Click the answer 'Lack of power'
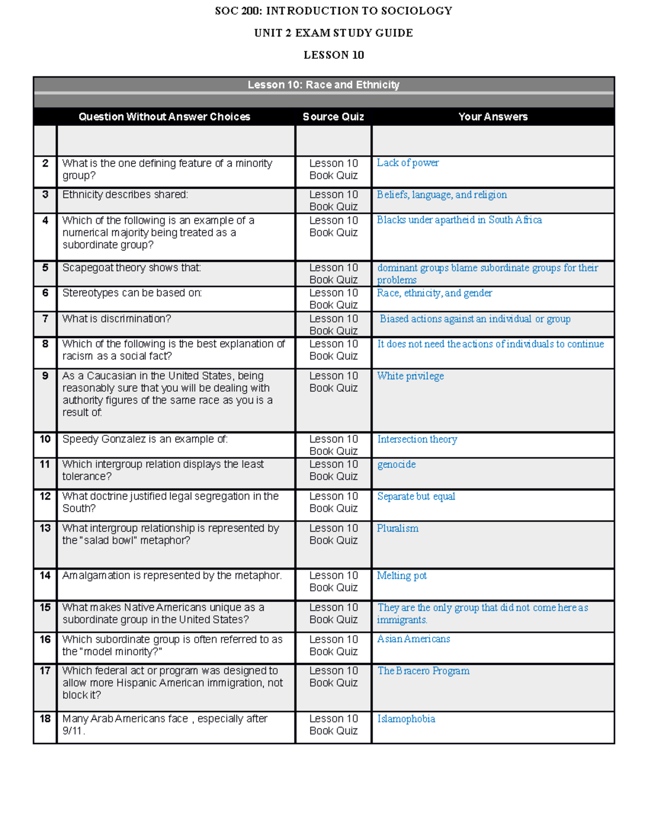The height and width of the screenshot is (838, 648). coord(408,163)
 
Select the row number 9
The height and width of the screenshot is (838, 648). coord(45,376)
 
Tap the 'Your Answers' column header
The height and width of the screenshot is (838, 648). coord(492,117)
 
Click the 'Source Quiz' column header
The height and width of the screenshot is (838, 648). coord(333,117)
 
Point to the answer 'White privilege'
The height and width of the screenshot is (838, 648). coord(410,376)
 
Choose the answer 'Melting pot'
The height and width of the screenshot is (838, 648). coord(402,576)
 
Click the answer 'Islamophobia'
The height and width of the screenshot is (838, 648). coord(406,719)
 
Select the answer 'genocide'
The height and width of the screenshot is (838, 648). coord(396,465)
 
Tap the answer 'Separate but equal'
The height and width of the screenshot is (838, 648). coord(416,496)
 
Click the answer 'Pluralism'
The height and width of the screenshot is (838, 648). coord(397,528)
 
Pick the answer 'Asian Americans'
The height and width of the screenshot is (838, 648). coord(414,639)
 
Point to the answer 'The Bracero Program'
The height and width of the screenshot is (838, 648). coord(423,671)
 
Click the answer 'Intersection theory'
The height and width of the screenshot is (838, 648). coord(417,439)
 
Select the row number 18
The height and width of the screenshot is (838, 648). coord(45,719)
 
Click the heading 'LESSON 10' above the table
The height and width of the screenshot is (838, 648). coord(334,55)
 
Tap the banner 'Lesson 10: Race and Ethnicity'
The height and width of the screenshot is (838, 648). coord(323,85)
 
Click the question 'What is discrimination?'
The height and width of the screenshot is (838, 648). coord(117,319)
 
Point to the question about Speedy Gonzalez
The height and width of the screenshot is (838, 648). coord(145,439)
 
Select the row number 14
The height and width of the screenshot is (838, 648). coord(45,576)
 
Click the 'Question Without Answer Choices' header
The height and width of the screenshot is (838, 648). coord(164,117)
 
